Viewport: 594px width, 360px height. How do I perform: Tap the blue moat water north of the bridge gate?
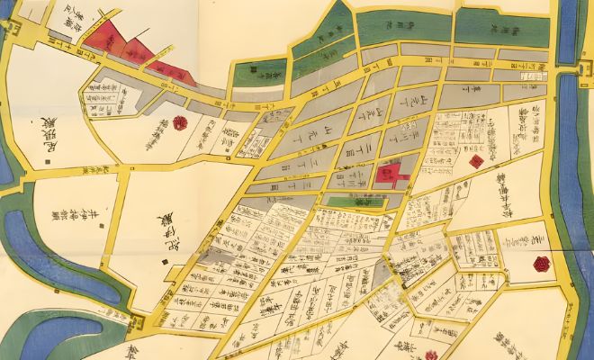(x=577, y=27)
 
